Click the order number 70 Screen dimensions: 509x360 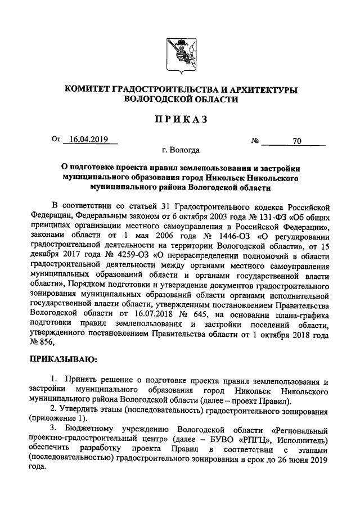296,141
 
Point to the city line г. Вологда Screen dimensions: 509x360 180,151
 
